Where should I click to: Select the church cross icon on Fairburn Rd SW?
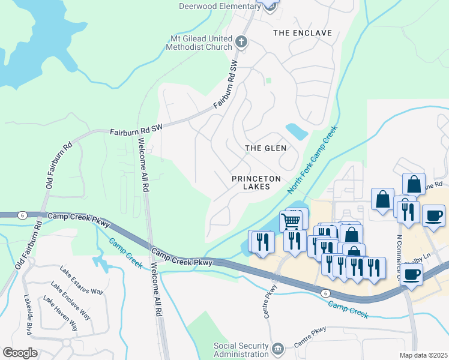(241, 42)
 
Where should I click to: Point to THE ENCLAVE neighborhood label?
(302, 32)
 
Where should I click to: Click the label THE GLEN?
(265, 148)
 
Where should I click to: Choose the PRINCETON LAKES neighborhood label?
(258, 183)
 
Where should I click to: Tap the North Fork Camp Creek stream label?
(312, 160)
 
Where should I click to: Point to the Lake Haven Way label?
(60, 316)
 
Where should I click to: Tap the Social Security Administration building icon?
(277, 349)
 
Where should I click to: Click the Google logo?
(20, 353)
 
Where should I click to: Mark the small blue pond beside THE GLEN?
(297, 131)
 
